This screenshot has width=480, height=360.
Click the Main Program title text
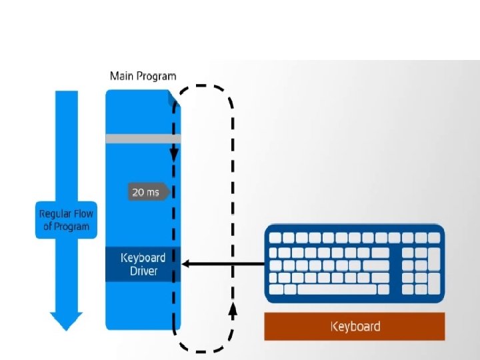point(143,76)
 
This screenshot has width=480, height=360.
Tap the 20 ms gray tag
point(149,192)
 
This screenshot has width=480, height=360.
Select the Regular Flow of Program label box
point(66,220)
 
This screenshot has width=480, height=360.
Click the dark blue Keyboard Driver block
point(143,264)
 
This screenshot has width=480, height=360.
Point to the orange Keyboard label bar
point(355,326)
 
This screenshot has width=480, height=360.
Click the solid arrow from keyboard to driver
point(223,263)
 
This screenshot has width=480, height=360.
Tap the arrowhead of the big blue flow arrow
point(66,321)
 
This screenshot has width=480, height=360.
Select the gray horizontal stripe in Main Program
point(143,139)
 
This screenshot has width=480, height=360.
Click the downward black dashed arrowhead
point(174,155)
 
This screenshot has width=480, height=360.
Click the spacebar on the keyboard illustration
point(337,289)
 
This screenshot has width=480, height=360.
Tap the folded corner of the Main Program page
point(174,98)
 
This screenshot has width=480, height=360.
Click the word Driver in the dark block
point(143,271)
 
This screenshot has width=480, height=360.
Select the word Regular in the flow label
point(54,214)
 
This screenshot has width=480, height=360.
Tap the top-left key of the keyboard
point(275,238)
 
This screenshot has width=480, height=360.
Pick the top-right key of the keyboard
point(434,238)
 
